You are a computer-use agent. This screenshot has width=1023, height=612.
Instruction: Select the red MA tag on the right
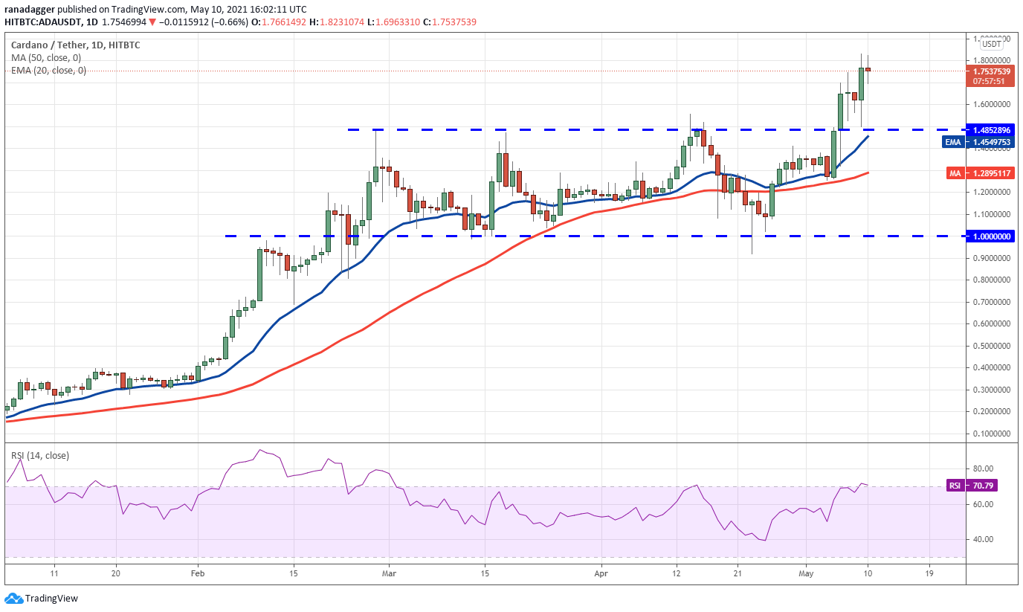click(955, 173)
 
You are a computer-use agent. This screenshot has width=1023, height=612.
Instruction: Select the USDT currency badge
click(991, 44)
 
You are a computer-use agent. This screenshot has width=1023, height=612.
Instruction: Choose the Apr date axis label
click(601, 574)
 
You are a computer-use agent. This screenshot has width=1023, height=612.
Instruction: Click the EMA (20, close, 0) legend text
click(48, 71)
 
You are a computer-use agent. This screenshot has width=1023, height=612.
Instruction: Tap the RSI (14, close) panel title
click(39, 455)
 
